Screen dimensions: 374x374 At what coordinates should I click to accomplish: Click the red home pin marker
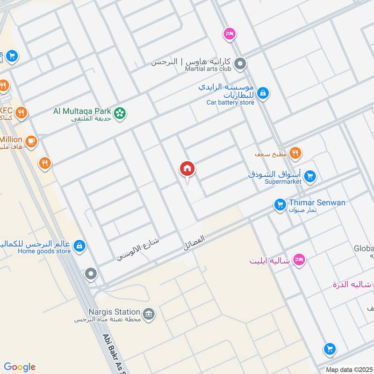187,169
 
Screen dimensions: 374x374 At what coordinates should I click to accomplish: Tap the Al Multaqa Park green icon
120,113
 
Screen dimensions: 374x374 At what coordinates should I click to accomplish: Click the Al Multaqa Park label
82,111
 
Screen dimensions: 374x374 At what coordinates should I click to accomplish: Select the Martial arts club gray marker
240,64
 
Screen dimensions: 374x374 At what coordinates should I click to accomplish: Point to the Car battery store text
230,102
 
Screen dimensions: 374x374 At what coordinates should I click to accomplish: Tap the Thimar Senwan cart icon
280,205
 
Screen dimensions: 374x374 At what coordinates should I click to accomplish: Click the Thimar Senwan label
317,202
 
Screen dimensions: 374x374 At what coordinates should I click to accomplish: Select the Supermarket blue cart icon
309,177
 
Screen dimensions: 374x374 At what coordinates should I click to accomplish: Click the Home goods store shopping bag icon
79,246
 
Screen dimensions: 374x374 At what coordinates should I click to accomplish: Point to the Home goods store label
44,251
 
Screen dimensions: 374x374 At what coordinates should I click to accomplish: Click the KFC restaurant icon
21,113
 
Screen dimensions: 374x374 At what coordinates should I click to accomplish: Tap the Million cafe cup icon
31,141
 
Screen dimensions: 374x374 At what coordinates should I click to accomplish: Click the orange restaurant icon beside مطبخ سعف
295,152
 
